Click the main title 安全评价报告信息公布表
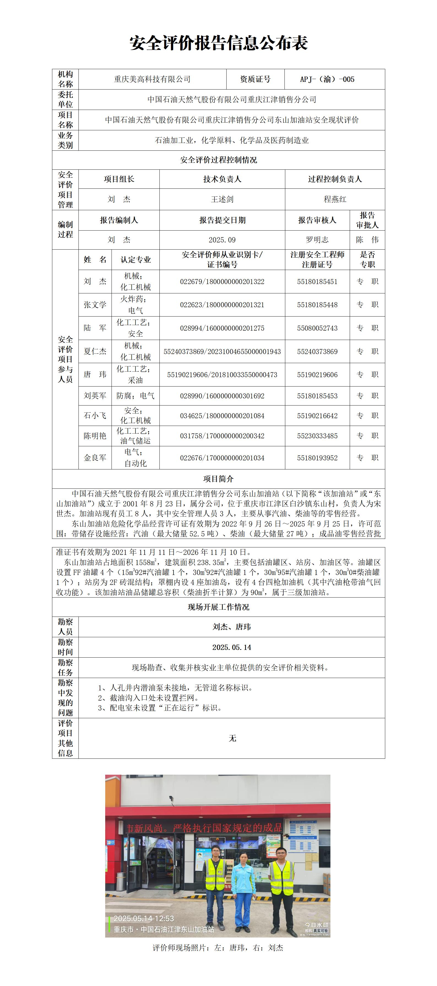[x=219, y=43]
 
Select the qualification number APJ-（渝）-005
[x=327, y=79]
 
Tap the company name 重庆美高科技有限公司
[x=152, y=79]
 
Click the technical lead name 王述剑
[x=222, y=199]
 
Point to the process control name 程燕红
[x=335, y=199]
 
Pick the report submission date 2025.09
[x=222, y=240]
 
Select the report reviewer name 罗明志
[x=317, y=240]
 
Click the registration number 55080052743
[x=317, y=328]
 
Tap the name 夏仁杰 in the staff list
[x=95, y=351]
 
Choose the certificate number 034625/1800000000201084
[x=222, y=416]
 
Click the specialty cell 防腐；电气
[x=135, y=396]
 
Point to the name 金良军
[x=95, y=458]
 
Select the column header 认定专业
[x=135, y=260]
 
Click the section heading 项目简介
[x=219, y=479]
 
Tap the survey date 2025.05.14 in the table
[x=232, y=647]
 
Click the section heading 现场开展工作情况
[x=219, y=607]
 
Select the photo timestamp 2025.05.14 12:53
[x=144, y=918]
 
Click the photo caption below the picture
[x=218, y=948]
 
